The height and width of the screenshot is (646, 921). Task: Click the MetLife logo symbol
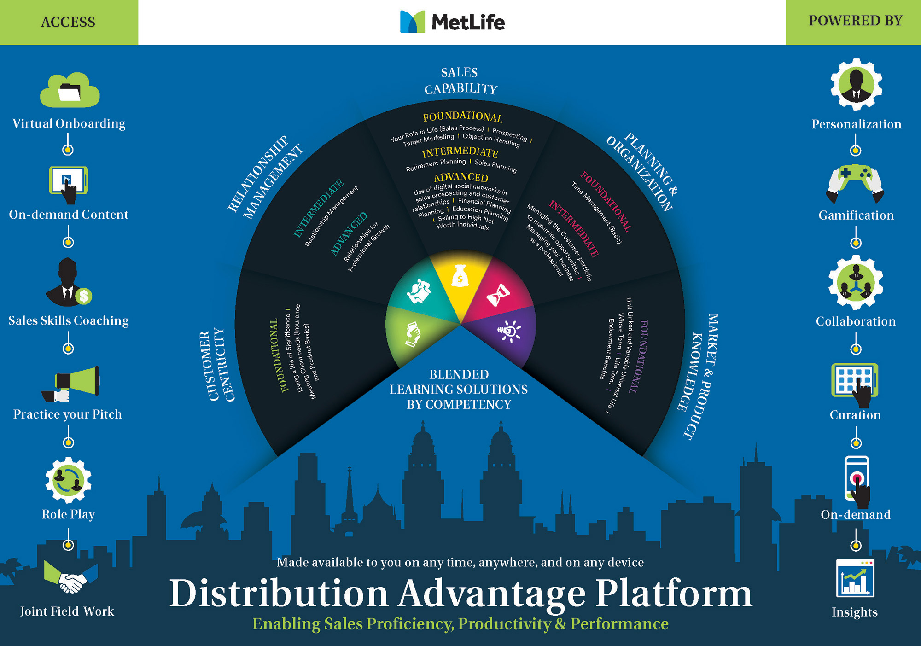[x=412, y=22]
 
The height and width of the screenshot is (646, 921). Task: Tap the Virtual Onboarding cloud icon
[x=70, y=90]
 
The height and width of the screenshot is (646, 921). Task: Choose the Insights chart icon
[x=855, y=578]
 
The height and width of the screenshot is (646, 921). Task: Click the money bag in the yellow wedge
[x=460, y=276]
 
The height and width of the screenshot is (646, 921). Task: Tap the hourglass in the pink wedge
[x=498, y=295]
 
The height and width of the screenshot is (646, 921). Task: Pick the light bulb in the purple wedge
[x=509, y=331]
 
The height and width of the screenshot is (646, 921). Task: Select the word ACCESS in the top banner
[x=68, y=22]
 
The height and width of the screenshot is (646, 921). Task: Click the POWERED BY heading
[x=855, y=21]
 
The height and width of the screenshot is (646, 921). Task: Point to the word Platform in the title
[x=674, y=594]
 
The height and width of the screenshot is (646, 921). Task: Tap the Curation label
[x=855, y=415]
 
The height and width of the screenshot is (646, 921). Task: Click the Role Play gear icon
[x=69, y=480]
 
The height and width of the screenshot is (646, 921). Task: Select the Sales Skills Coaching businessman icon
[x=69, y=283]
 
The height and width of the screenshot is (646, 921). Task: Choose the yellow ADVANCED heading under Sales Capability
[x=461, y=177]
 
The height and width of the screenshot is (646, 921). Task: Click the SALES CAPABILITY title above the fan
[x=460, y=81]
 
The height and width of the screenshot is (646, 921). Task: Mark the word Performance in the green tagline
[x=619, y=624]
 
